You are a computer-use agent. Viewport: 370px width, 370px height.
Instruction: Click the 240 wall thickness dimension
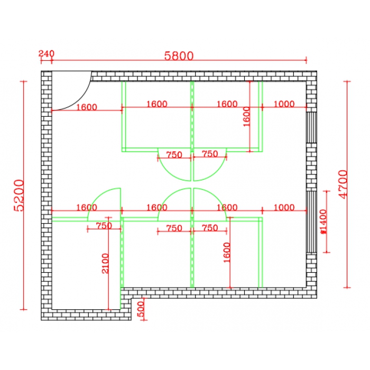pyautogui.click(x=47, y=54)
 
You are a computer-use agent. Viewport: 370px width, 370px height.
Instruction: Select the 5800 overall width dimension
pyautogui.click(x=179, y=56)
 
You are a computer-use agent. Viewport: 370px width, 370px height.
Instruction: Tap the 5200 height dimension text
pyautogui.click(x=19, y=196)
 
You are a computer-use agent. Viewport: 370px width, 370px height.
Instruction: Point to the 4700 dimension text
pyautogui.click(x=343, y=184)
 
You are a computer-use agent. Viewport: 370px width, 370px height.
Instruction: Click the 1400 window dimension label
pyautogui.click(x=323, y=221)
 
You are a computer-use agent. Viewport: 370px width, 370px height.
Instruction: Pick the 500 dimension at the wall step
pyautogui.click(x=141, y=309)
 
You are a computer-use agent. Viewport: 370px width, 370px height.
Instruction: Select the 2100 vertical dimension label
pyautogui.click(x=105, y=264)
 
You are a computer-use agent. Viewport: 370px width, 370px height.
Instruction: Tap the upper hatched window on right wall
pyautogui.click(x=311, y=127)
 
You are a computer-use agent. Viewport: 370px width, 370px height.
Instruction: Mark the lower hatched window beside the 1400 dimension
pyautogui.click(x=311, y=222)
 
